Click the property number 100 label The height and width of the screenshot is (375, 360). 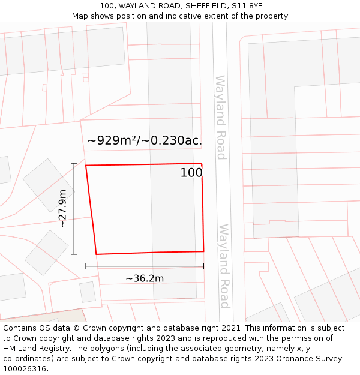tap(191, 173)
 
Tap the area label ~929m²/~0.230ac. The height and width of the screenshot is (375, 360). tap(145, 140)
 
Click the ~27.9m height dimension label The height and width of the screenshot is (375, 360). tap(62, 208)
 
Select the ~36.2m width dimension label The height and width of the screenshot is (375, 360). tap(145, 278)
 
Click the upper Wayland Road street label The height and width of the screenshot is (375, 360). tap(220, 118)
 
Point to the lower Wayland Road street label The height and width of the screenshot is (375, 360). tap(224, 266)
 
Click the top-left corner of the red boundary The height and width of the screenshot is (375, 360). tap(86, 166)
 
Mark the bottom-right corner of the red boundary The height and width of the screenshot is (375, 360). tap(203, 251)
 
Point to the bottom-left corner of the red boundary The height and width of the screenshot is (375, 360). tap(97, 254)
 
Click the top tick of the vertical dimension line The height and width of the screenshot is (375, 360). tap(74, 163)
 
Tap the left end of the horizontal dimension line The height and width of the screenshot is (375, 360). tap(86, 266)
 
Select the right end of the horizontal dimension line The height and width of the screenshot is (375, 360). tap(203, 266)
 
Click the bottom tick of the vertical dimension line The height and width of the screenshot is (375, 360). tap(74, 254)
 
